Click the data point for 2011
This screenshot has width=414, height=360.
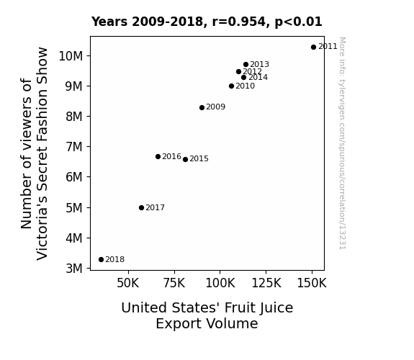coord(313,48)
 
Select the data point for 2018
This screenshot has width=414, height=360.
coord(101,260)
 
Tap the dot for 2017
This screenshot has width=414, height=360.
coord(142,208)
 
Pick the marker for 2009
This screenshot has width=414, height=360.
coord(202,107)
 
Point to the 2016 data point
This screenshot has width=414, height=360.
coord(158,157)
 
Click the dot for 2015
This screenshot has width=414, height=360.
coord(185,160)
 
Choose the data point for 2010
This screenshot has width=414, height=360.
coord(232,86)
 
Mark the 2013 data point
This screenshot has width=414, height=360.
coord(246,65)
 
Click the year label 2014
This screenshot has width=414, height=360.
coord(258,77)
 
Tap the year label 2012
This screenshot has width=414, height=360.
coord(253,71)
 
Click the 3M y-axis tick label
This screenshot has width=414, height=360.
coord(74,269)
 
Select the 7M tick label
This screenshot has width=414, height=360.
coord(74,147)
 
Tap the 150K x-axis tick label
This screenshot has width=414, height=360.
coord(312,283)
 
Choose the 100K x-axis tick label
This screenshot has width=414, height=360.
coord(220,283)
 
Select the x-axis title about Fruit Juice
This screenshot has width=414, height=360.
coord(207,315)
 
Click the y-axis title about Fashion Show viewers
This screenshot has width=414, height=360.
coord(35,153)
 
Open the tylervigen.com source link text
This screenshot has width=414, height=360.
coord(342,143)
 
